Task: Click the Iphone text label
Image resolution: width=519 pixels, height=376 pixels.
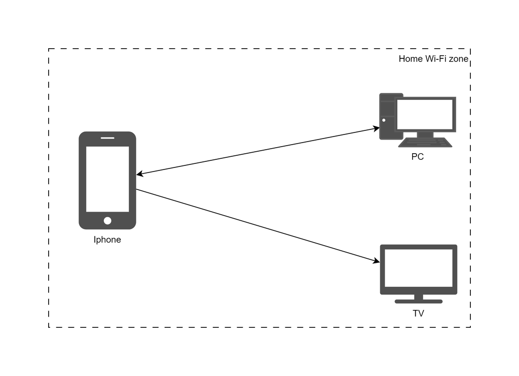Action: click(107, 240)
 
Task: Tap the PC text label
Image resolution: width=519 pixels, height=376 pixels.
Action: click(417, 157)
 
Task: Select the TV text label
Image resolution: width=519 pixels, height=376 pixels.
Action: click(418, 314)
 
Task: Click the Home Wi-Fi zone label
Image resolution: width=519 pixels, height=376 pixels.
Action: click(433, 59)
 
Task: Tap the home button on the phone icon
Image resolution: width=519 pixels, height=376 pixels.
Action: click(107, 220)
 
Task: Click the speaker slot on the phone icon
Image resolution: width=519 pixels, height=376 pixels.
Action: click(107, 137)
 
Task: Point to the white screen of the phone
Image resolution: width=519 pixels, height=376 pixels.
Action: click(107, 179)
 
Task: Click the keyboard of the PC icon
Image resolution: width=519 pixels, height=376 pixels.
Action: click(425, 143)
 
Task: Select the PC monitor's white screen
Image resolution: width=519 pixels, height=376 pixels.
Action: click(425, 114)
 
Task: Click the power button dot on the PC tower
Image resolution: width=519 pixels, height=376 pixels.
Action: click(384, 120)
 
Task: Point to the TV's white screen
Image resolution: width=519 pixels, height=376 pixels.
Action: click(419, 268)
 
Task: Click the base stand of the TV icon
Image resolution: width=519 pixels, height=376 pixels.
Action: click(419, 301)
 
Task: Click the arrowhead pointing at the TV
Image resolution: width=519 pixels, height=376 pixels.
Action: click(377, 261)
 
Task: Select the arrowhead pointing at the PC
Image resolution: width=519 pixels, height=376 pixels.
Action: click(376, 129)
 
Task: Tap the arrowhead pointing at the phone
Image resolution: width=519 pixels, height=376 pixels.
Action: click(140, 175)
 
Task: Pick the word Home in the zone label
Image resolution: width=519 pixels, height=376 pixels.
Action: click(410, 59)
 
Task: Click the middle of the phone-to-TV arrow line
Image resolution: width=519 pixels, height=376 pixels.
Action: click(258, 226)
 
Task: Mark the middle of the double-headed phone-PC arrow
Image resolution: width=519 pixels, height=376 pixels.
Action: click(258, 151)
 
